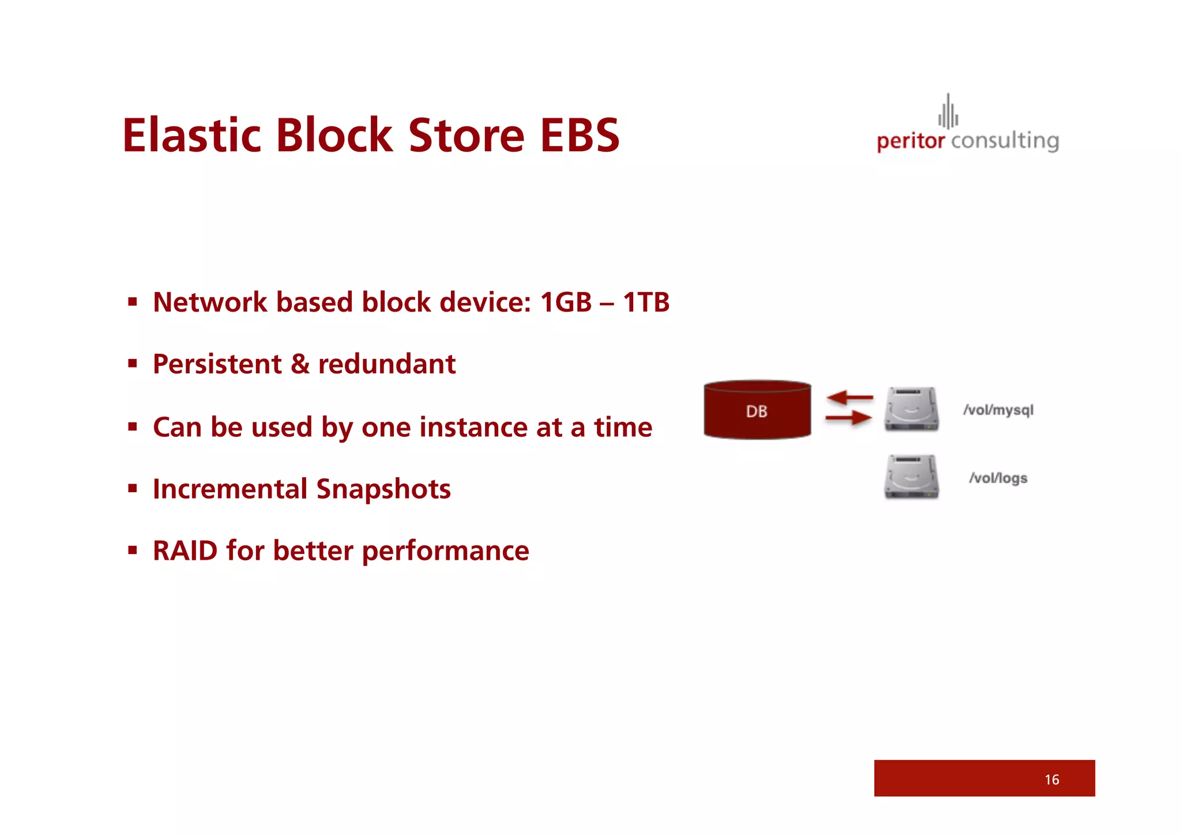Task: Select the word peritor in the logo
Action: pos(910,141)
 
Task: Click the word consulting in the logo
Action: pos(1005,141)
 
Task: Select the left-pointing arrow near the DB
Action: pos(849,398)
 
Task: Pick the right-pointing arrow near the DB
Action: pos(848,417)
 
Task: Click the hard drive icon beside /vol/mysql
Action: pos(911,409)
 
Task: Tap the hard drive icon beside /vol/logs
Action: pos(911,477)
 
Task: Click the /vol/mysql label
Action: pos(998,410)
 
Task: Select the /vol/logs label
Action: pos(998,478)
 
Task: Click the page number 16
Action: pos(1051,780)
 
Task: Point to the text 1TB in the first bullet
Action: pos(646,302)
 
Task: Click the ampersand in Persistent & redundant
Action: pos(300,364)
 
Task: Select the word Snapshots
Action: pos(383,489)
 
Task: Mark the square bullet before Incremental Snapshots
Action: pos(133,489)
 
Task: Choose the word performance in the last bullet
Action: pos(445,551)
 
